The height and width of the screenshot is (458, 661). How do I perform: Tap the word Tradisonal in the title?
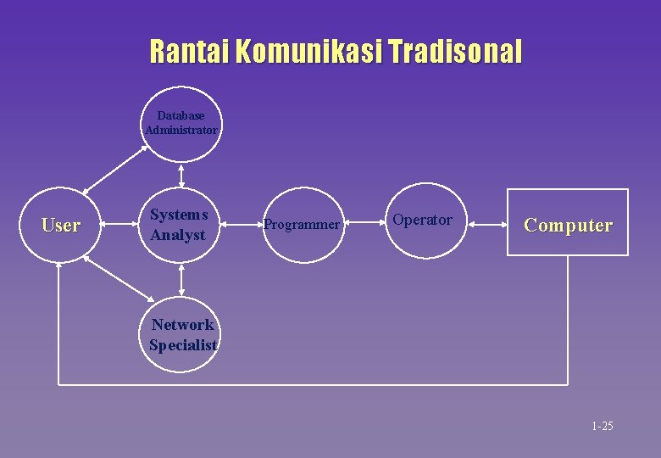point(455,52)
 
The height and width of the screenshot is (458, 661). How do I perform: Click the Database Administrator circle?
point(181,124)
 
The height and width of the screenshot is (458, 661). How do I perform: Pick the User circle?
point(60,226)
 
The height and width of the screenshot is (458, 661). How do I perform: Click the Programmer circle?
point(302,226)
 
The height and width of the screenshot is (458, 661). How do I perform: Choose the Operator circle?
point(422,221)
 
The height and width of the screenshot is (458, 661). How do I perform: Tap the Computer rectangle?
point(568,222)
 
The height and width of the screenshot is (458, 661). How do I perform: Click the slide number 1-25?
point(603,426)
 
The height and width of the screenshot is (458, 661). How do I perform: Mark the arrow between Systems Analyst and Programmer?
point(242,225)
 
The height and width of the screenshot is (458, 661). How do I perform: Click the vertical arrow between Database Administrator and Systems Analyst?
point(181,175)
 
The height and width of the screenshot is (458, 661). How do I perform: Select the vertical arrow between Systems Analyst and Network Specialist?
point(181,279)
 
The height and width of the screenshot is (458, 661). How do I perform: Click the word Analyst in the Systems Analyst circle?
point(178,235)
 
